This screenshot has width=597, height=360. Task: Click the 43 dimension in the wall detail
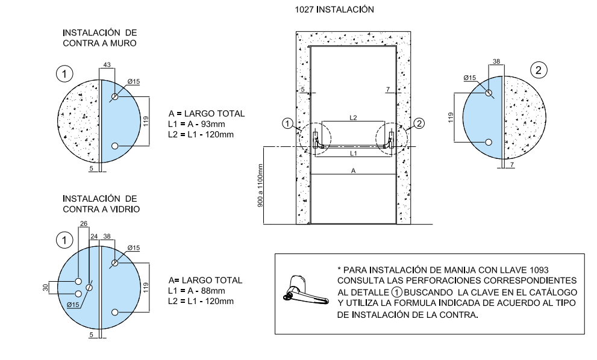point(107,64)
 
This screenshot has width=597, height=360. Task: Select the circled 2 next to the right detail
point(539,70)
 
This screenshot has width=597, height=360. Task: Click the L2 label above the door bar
point(352,119)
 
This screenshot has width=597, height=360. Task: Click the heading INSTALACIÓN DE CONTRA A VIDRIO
point(101,203)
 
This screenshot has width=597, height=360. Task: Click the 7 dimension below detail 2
point(510,164)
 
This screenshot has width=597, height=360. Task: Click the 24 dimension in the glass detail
point(93,237)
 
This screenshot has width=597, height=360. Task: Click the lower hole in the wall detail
point(115,146)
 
